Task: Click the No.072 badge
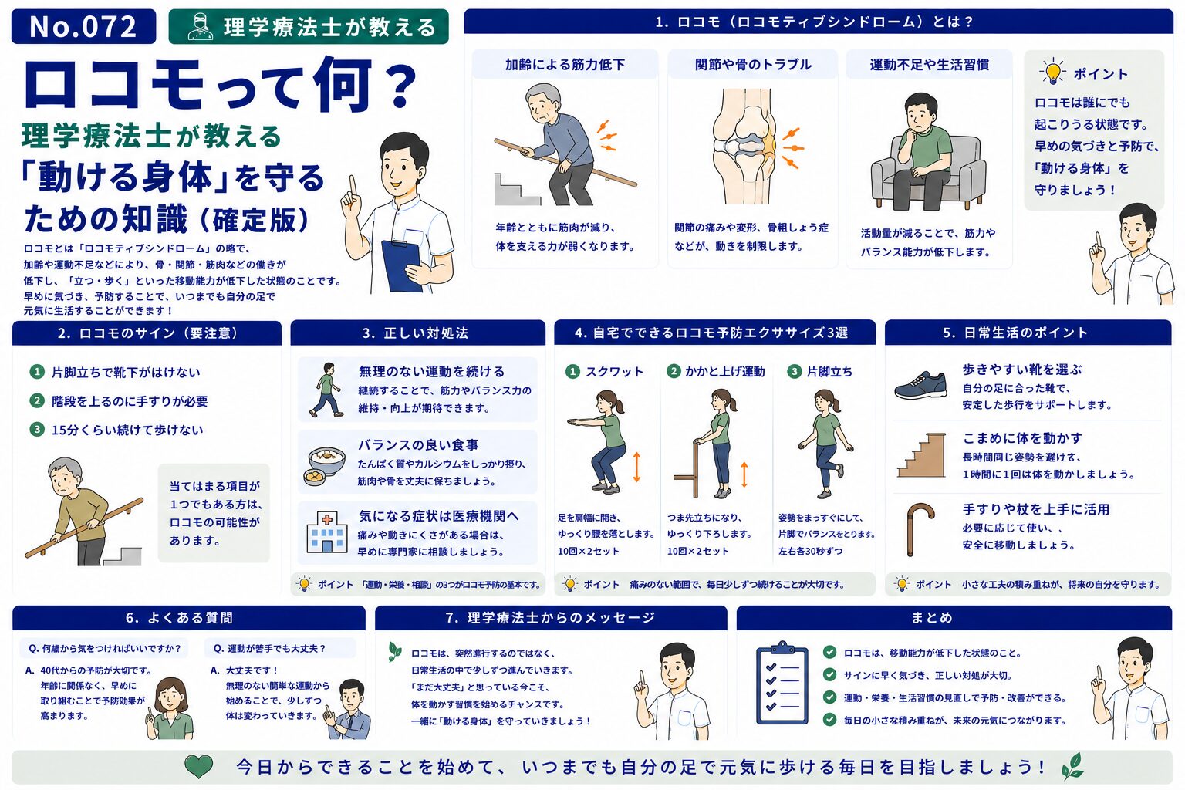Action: [83, 26]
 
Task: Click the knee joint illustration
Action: [744, 146]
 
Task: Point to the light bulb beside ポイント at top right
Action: [1052, 72]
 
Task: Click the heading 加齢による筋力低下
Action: [565, 65]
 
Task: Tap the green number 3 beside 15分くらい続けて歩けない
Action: [36, 429]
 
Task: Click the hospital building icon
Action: [327, 532]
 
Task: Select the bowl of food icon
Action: [325, 465]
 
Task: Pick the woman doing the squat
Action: [599, 442]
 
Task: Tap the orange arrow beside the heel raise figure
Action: [744, 474]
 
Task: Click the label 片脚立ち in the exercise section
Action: [829, 372]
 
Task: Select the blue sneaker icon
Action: [920, 385]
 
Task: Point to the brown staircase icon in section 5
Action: [922, 456]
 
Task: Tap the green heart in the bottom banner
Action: [198, 766]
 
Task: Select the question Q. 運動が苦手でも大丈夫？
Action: [269, 649]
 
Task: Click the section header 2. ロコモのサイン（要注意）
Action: [147, 333]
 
